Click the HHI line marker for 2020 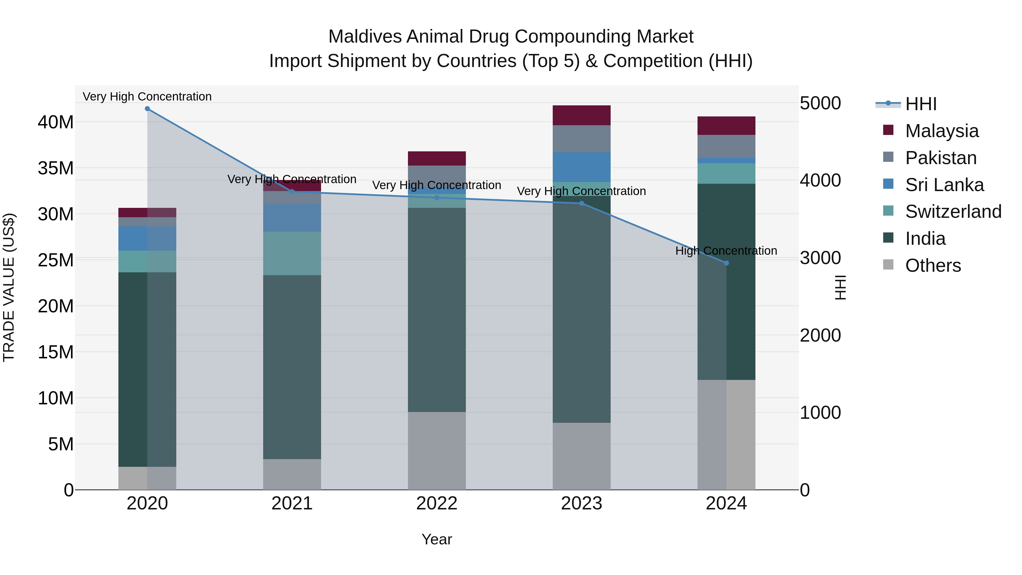(x=147, y=109)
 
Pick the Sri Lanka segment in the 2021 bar (x=292, y=218)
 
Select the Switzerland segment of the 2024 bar (x=726, y=173)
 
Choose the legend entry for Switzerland (x=953, y=212)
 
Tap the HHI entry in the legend (x=920, y=104)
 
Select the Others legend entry (x=933, y=265)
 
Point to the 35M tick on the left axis (x=56, y=168)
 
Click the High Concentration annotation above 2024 (x=726, y=251)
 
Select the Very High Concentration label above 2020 (x=147, y=97)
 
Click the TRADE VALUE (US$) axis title (x=9, y=287)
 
